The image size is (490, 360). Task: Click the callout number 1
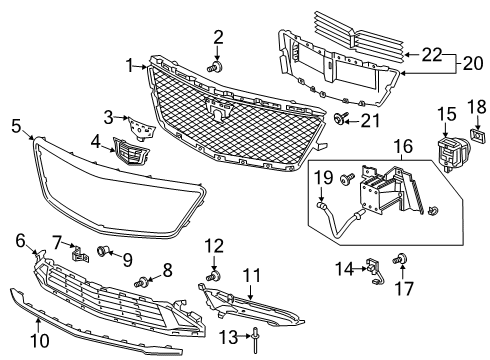[x=129, y=66]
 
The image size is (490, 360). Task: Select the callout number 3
[x=108, y=118]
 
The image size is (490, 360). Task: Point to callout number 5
[x=16, y=126]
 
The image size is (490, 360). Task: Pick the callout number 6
[x=20, y=239]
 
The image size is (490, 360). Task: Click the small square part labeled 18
[x=477, y=133]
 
